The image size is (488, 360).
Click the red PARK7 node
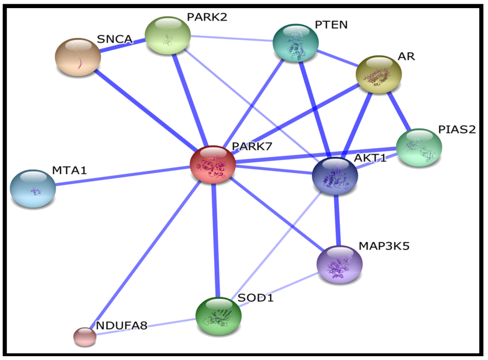213,165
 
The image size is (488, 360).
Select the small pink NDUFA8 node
84,337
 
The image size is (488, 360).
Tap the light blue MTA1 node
33,188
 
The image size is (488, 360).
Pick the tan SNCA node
78,57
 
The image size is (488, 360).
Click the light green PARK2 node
167,35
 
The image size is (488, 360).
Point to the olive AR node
379,74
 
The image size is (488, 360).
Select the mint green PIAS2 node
419,147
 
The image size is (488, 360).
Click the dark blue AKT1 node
335,175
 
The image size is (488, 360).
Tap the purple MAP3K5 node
340,265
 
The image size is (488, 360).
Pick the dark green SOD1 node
218,315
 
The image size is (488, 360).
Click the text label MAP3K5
384,246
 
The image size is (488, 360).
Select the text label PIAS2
457,129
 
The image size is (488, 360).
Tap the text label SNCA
114,39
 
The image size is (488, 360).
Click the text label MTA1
69,170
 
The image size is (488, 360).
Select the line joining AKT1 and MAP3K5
337,219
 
